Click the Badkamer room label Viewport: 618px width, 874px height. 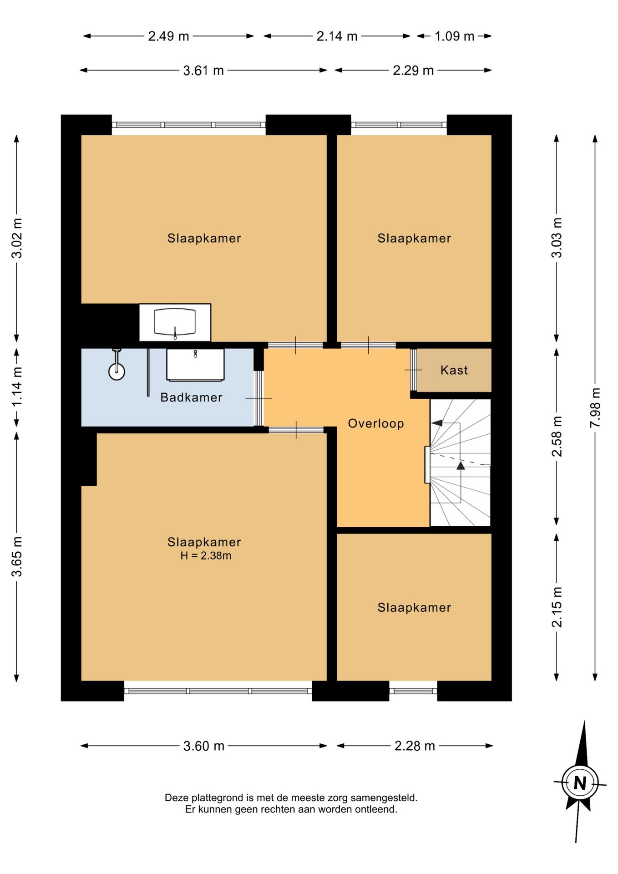(191, 397)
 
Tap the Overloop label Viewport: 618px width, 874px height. (376, 424)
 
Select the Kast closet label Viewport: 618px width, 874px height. (454, 370)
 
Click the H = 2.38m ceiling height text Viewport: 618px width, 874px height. (206, 555)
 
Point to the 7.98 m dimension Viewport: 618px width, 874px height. (595, 407)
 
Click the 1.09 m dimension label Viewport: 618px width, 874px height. (454, 36)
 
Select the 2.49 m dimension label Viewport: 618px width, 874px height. (168, 36)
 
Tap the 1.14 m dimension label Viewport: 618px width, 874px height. (17, 387)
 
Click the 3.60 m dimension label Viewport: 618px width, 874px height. (203, 746)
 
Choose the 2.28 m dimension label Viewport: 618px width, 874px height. (415, 746)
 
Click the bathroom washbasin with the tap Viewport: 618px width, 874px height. (195, 365)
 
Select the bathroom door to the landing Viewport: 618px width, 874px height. (258, 398)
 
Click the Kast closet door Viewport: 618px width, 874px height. (414, 370)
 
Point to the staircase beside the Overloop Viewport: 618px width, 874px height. (460, 462)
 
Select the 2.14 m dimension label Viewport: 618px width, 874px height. (337, 36)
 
